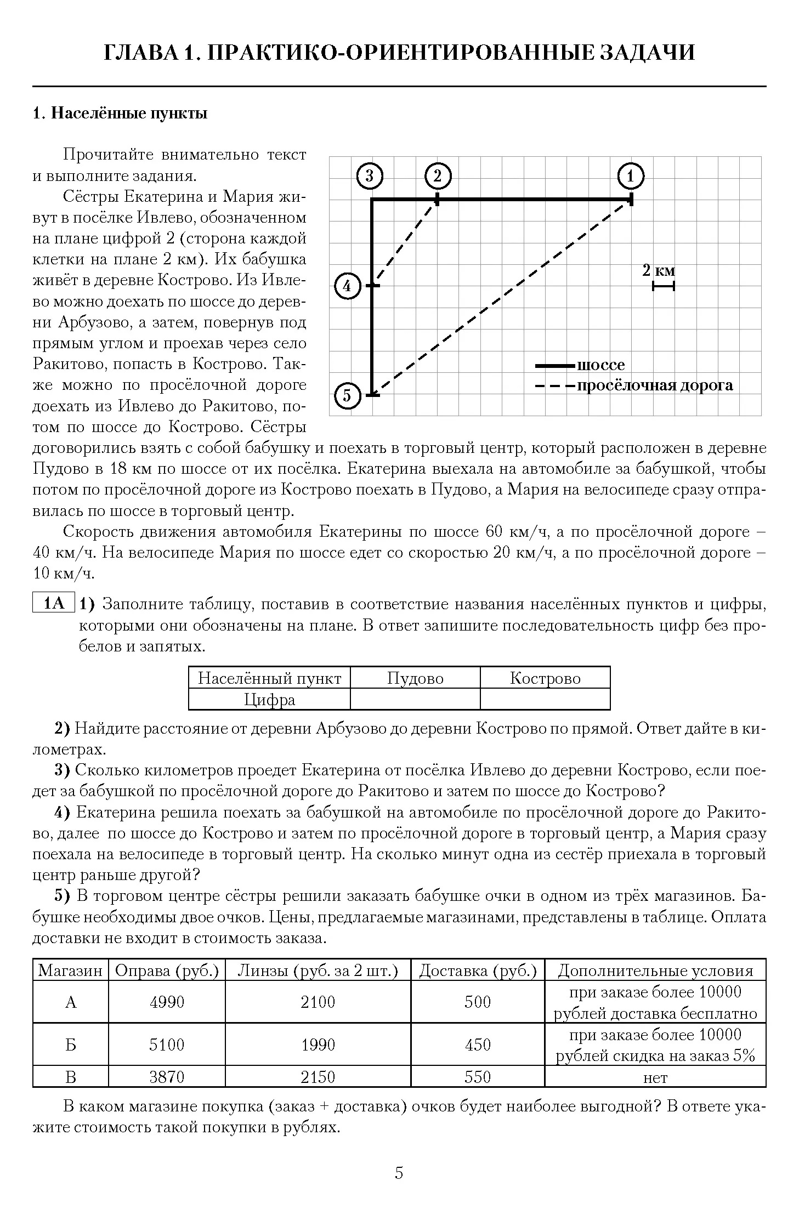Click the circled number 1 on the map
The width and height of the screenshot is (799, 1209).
point(630,177)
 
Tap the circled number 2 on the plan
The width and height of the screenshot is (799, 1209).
point(437,177)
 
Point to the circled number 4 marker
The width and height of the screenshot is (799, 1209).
point(347,286)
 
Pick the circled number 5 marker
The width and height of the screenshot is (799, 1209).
point(347,395)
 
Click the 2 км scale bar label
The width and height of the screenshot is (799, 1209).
point(659,271)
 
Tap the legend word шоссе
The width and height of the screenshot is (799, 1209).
point(600,365)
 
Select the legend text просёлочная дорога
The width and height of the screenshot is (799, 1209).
point(655,385)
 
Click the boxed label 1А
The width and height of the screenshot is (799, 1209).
point(54,604)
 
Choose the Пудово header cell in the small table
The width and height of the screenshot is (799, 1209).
point(415,678)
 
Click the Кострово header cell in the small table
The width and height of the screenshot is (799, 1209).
point(545,678)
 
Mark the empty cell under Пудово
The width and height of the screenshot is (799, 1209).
point(415,700)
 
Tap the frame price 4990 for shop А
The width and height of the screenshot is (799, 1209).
point(167,1002)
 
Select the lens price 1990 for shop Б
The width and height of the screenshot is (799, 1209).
point(318,1045)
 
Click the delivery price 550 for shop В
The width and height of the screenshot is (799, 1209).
point(478,1077)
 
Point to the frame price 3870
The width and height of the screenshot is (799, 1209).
point(167,1077)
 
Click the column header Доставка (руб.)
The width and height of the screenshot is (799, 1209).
point(478,971)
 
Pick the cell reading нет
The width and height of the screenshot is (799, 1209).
point(655,1077)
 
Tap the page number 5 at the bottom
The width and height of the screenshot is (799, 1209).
point(399,1173)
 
